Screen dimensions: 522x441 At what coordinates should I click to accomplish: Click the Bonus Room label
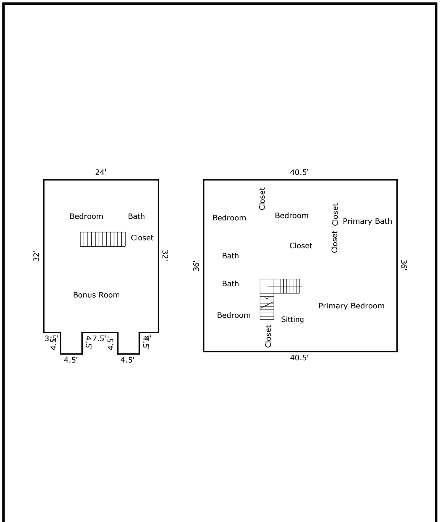[x=96, y=295]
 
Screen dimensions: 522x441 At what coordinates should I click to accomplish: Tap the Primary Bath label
[x=367, y=222]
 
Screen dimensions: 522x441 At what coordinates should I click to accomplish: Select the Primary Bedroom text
[x=351, y=306]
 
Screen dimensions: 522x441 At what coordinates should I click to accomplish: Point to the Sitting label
[x=292, y=320]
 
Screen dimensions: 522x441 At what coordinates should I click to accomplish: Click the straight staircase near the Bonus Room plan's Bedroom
[x=103, y=239]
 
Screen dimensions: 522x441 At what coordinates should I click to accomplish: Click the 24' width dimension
[x=100, y=172]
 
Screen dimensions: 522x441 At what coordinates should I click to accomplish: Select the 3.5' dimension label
[x=52, y=338]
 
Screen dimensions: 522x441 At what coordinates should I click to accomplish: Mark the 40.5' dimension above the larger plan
[x=299, y=172]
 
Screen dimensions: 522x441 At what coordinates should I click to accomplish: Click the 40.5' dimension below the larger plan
[x=299, y=358]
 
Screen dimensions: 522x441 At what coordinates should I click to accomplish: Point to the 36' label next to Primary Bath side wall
[x=403, y=265]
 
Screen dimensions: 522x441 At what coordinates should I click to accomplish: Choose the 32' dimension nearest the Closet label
[x=165, y=256]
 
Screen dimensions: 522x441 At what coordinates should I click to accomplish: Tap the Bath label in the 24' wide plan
[x=136, y=216]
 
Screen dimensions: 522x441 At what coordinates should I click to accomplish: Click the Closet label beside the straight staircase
[x=142, y=238]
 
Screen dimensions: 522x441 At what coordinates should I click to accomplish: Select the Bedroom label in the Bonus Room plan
[x=86, y=217]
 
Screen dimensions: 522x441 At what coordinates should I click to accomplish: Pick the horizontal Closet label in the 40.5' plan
[x=301, y=246]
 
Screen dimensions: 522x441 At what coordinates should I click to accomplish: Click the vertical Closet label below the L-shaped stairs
[x=268, y=336]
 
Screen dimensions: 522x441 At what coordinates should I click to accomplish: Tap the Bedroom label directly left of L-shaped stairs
[x=234, y=316]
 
